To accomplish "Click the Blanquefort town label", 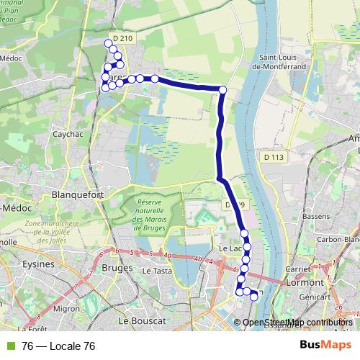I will (79, 194).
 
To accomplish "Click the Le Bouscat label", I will (143, 320).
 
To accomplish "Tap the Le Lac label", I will (229, 248).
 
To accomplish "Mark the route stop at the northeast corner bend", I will (222, 90).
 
